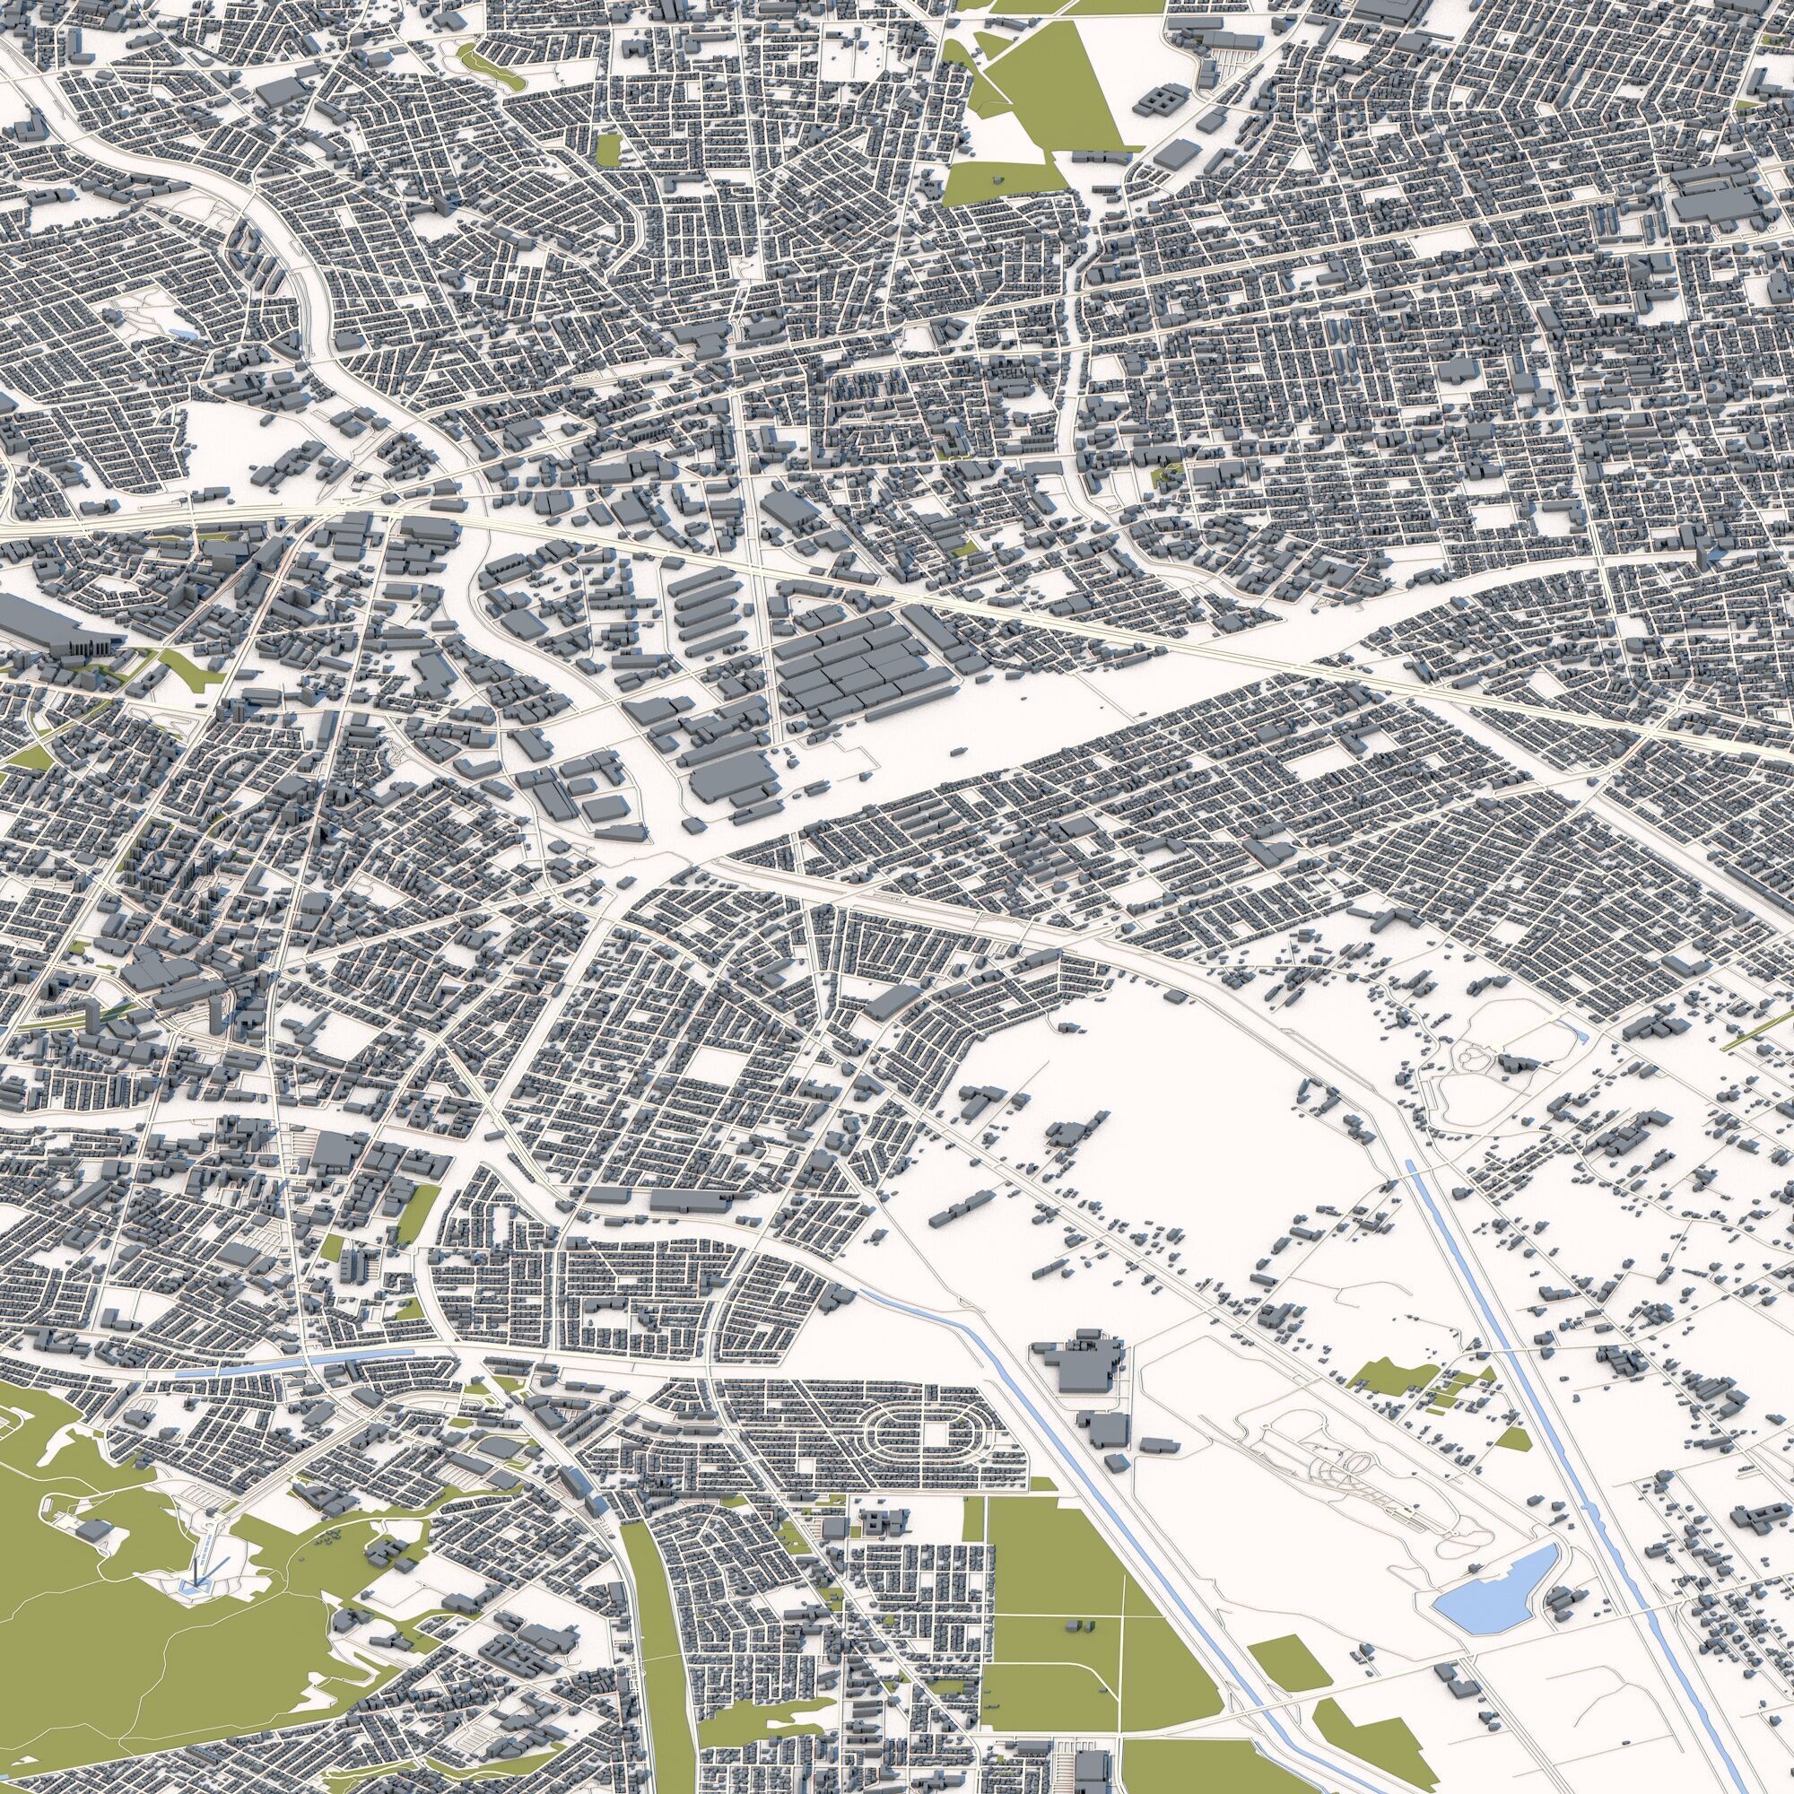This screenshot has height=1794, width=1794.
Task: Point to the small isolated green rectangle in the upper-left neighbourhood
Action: coord(609,149)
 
